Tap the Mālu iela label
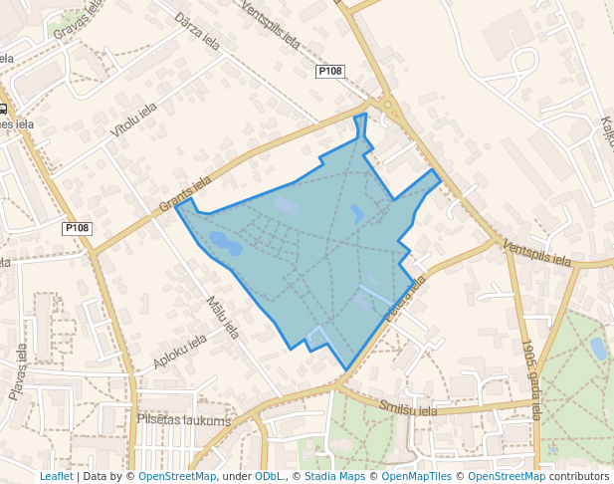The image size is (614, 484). (x=223, y=316)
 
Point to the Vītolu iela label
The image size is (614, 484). (x=133, y=119)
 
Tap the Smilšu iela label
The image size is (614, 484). (x=408, y=407)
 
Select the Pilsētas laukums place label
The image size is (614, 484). (x=183, y=421)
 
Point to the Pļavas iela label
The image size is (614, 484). (x=19, y=371)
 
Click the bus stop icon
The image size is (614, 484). (x=4, y=110)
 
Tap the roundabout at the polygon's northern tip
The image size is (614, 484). (x=386, y=105)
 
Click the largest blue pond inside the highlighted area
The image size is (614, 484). (x=224, y=242)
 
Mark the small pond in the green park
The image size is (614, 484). (x=598, y=348)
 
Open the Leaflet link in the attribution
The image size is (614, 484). (x=56, y=476)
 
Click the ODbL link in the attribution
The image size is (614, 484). (x=268, y=476)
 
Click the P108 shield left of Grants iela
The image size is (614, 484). (x=77, y=228)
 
